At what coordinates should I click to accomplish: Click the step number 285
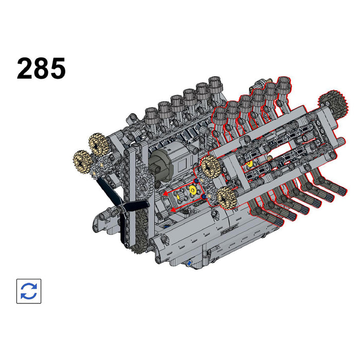point(41,68)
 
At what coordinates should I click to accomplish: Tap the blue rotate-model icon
point(29,291)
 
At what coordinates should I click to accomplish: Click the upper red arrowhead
point(165,194)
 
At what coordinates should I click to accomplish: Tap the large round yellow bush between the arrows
point(192,190)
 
